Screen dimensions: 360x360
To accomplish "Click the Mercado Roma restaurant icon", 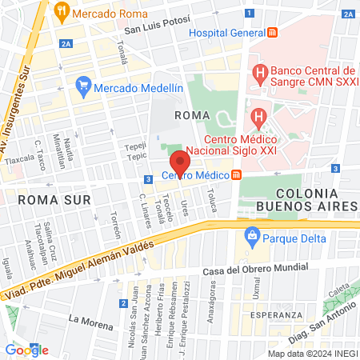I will [61, 14].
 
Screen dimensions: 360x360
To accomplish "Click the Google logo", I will [26, 350].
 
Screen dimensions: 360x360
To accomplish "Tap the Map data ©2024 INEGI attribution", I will [311, 354].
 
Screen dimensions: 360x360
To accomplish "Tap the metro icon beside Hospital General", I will [273, 32].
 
